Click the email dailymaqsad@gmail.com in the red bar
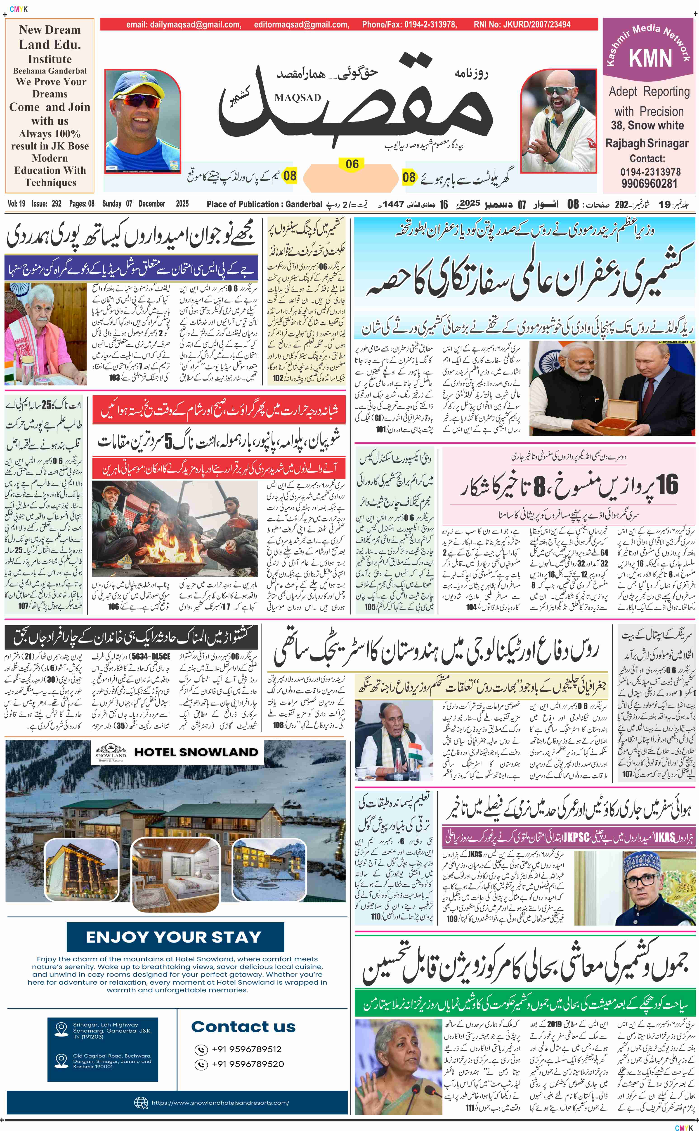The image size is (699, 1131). (x=184, y=24)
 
